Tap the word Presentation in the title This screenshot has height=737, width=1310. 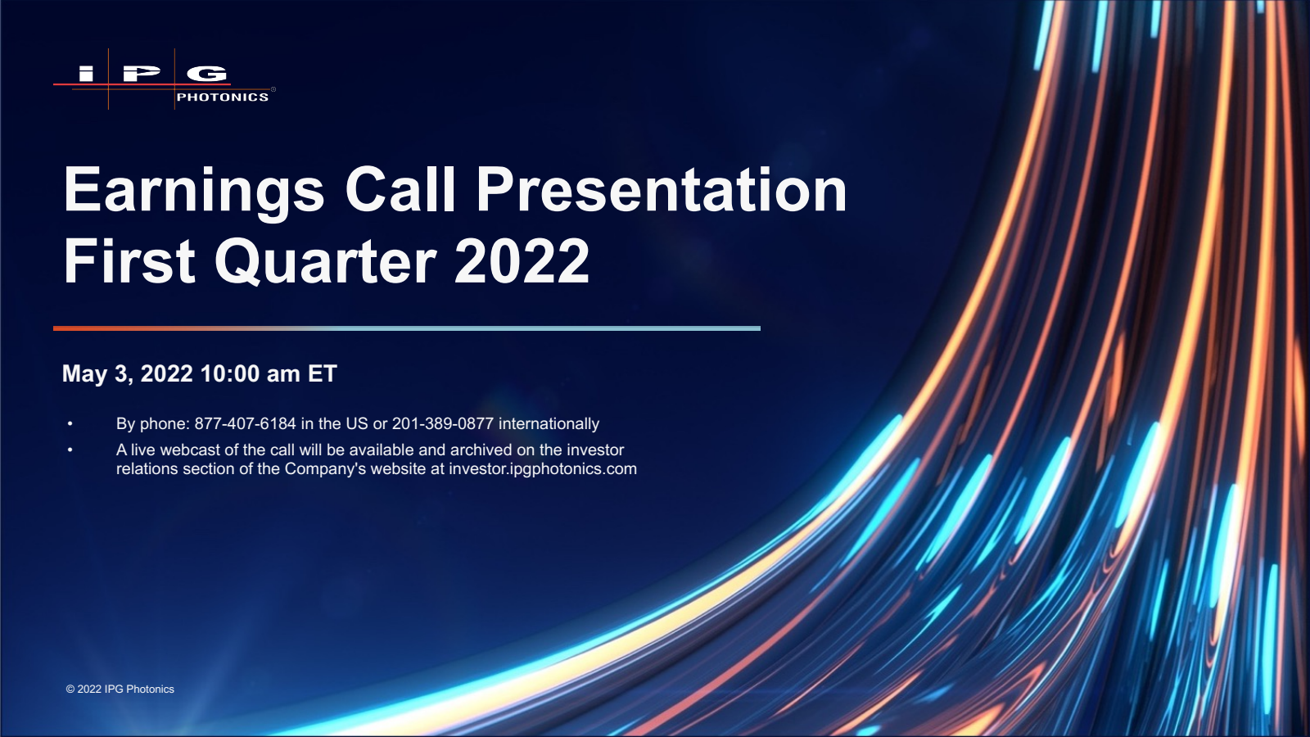click(x=662, y=189)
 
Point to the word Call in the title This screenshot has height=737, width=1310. click(x=400, y=189)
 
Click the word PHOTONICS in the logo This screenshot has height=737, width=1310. click(x=223, y=97)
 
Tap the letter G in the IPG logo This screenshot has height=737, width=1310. click(x=207, y=73)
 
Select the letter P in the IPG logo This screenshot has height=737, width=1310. click(x=141, y=73)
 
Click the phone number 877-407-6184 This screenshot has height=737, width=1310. click(x=245, y=423)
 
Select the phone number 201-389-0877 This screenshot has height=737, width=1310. click(x=443, y=423)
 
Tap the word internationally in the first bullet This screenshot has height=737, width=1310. click(x=549, y=423)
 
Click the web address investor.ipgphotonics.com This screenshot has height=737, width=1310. click(x=543, y=469)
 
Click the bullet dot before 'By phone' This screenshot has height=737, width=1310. click(x=70, y=423)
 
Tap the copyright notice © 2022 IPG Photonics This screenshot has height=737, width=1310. click(x=120, y=689)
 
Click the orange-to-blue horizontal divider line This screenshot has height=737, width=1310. click(x=407, y=328)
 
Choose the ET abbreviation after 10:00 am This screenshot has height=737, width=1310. click(x=323, y=373)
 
